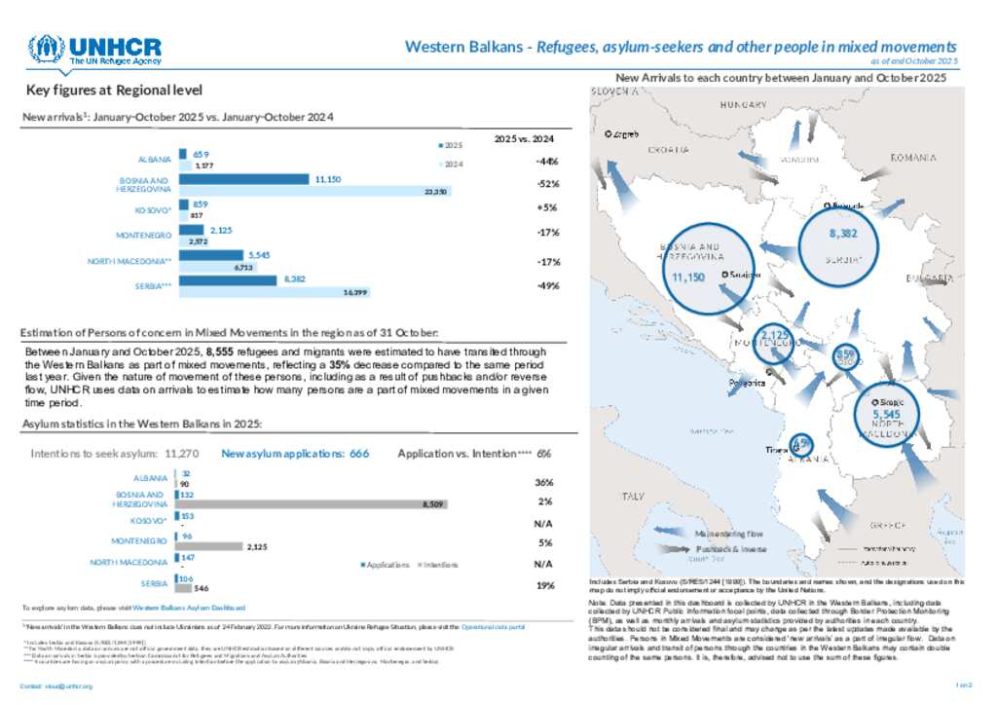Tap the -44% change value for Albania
tap(546, 161)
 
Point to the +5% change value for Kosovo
tap(546, 207)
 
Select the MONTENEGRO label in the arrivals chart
tap(143, 235)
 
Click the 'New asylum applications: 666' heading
tap(295, 454)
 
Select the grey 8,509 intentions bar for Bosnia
tap(302, 503)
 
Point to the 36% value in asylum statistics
tap(544, 482)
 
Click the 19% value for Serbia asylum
tap(544, 585)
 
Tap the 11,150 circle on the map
tap(687, 278)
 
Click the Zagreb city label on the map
tap(624, 134)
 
